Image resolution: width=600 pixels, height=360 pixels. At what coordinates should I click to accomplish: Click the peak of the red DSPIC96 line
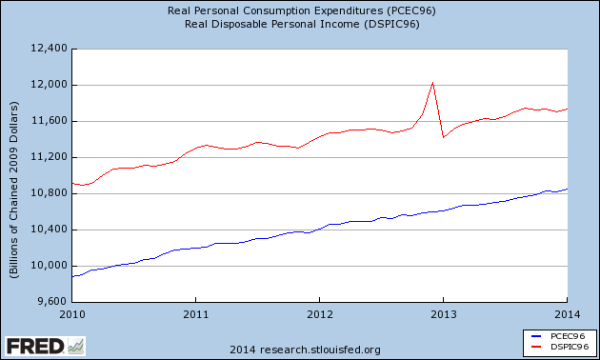point(432,82)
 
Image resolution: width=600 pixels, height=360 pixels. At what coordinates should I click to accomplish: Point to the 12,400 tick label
point(49,49)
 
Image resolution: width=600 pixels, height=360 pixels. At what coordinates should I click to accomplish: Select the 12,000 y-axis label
point(49,85)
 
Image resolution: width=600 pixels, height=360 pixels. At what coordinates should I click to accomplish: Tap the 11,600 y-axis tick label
point(49,121)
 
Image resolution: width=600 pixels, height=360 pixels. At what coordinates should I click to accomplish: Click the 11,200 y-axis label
point(49,157)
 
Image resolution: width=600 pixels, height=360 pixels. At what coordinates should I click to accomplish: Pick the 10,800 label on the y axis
point(49,193)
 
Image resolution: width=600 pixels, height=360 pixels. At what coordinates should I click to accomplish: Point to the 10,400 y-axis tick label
point(49,230)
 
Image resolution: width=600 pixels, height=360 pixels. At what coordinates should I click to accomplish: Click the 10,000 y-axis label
point(49,266)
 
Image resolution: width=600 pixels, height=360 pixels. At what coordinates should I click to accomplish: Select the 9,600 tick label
point(52,302)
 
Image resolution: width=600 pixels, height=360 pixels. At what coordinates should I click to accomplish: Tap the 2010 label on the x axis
point(72,315)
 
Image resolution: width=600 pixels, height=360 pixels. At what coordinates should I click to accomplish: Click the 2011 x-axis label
point(196,315)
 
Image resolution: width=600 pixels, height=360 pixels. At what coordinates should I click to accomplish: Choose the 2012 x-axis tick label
point(319,315)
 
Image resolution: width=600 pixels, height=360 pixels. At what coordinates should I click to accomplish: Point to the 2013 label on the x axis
point(444,315)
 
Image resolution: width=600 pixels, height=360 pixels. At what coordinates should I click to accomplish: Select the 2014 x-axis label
point(567,315)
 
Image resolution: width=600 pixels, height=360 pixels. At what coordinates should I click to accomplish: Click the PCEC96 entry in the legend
point(559,336)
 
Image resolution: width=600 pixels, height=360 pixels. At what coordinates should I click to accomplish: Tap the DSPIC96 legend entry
point(560,347)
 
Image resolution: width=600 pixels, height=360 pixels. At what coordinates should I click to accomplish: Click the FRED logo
point(45,347)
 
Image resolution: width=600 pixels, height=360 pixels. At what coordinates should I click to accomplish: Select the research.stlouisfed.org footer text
point(320,350)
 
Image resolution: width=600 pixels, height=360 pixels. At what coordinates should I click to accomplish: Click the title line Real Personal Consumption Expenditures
point(302,10)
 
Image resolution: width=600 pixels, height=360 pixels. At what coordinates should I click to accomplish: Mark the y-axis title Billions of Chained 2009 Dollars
point(13,190)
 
